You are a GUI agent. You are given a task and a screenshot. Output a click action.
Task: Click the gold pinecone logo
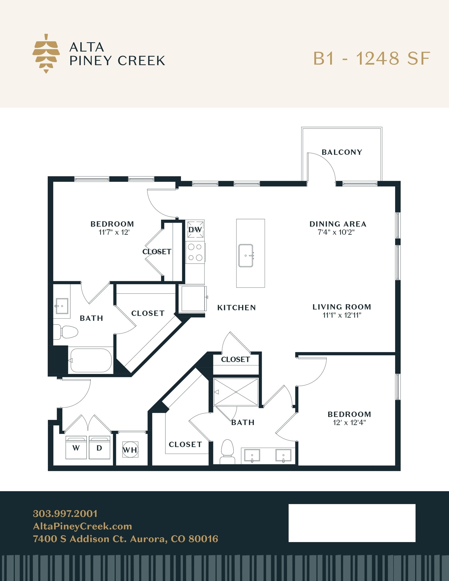pos(46,53)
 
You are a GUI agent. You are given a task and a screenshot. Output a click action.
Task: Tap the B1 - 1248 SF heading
pos(372,58)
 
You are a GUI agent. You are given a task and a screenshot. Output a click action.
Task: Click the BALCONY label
pos(342,152)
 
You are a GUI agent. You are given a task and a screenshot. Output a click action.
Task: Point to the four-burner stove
pos(195,252)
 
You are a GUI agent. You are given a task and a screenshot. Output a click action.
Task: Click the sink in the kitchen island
pos(246,256)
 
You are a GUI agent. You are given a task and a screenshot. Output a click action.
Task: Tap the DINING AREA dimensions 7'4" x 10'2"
pos(336,232)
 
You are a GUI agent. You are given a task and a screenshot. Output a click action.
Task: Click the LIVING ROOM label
pos(342,307)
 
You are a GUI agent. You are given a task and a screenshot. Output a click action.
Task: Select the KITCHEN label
pos(237,308)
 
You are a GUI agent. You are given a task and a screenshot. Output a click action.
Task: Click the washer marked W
pos(76,447)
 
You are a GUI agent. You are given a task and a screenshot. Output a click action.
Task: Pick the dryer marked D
pos(99,447)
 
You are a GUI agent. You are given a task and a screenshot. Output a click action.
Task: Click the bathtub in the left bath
pos(91,360)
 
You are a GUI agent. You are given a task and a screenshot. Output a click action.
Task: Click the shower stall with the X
pos(236,392)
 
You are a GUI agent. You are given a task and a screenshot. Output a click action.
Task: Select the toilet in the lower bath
pos(227,452)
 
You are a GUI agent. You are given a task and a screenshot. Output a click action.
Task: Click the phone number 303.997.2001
pos(65,513)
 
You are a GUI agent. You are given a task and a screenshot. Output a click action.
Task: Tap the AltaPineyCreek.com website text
pos(83,526)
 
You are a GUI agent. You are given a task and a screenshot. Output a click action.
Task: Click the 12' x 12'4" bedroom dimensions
pos(349,422)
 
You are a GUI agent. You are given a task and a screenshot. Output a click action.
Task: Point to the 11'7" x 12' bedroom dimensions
pos(114,232)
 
